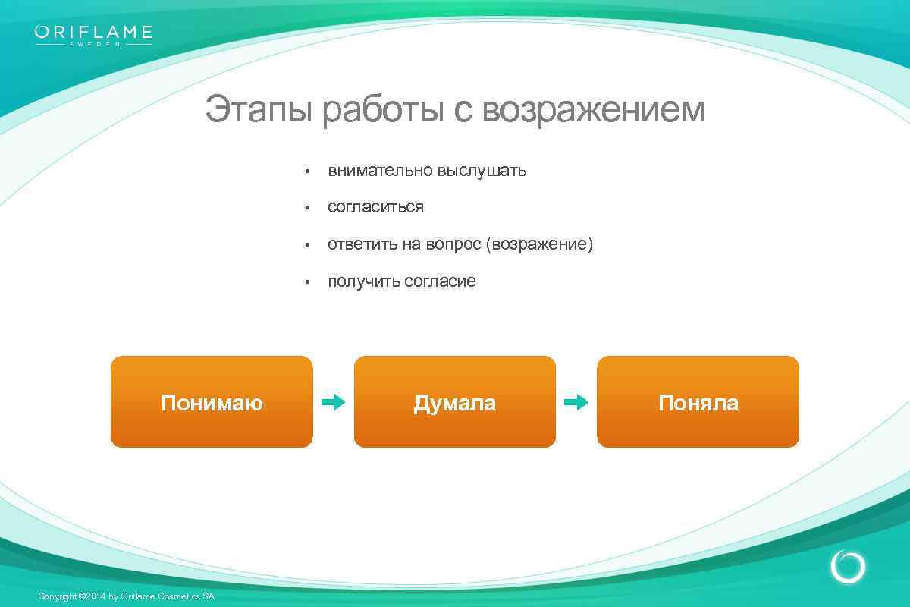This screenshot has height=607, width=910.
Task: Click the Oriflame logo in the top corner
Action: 93,33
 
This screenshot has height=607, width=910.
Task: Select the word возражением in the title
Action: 593,110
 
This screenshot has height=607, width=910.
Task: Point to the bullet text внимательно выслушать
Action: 427,171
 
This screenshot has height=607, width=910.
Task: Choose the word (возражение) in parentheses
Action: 539,244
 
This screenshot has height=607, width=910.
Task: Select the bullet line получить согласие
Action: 402,281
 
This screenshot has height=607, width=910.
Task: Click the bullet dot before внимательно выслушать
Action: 307,171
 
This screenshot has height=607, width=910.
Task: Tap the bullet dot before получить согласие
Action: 307,282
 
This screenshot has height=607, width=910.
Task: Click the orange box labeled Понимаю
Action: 212,402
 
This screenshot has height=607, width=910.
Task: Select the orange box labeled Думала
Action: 455,402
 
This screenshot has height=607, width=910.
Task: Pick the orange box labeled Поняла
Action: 698,402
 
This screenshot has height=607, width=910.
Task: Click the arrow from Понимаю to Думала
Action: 333,402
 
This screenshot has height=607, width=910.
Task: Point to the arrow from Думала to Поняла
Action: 576,402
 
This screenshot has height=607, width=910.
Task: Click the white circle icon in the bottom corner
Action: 848,567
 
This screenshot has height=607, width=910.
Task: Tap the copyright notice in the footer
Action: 126,596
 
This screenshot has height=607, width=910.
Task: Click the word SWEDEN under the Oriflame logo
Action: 94,44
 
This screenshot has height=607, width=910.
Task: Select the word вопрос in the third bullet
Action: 453,244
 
